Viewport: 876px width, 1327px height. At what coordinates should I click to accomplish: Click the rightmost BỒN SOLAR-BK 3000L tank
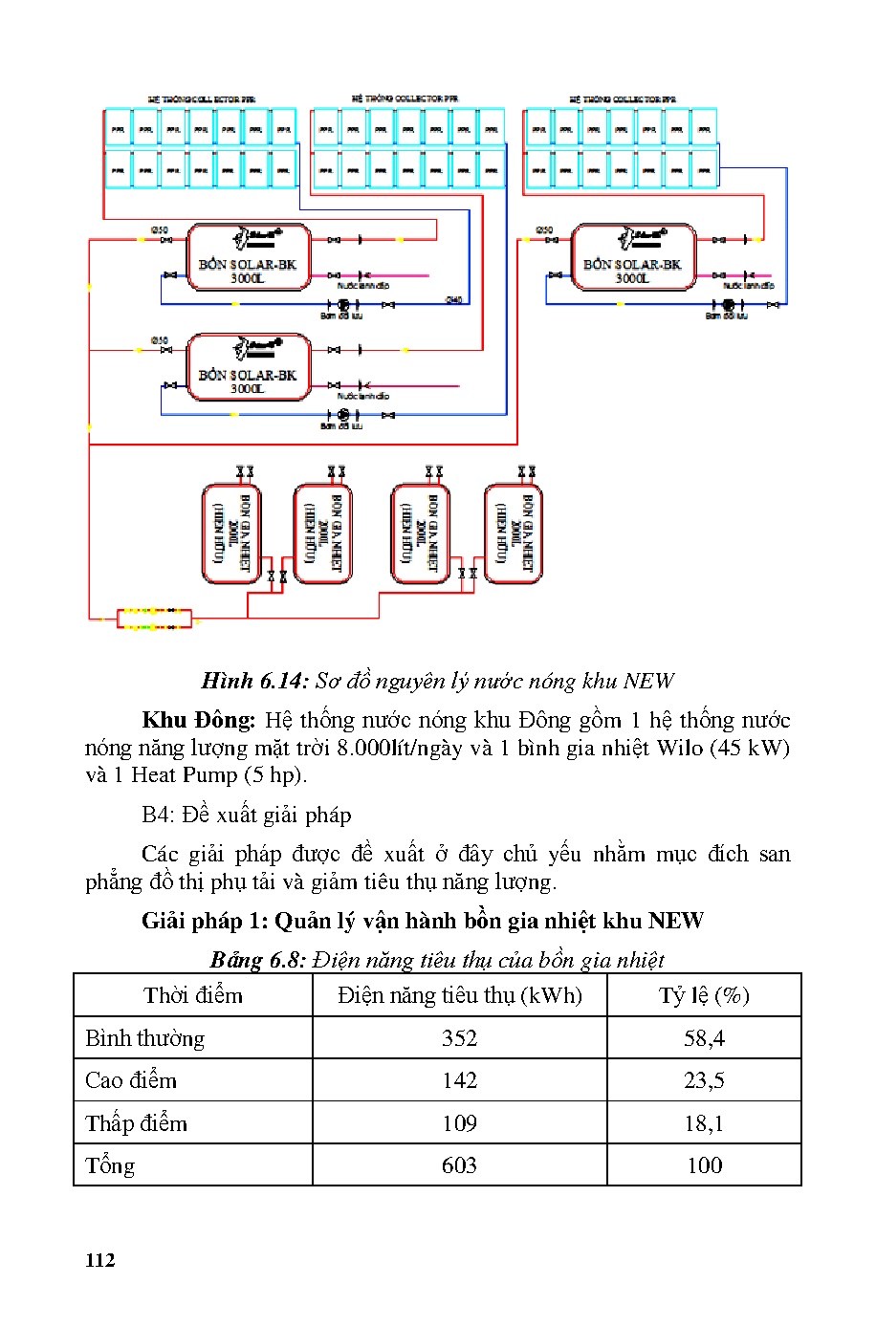tap(632, 257)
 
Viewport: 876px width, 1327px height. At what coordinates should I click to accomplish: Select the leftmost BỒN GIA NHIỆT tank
tap(231, 533)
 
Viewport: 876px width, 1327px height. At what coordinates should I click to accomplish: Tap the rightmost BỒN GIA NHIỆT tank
tap(514, 533)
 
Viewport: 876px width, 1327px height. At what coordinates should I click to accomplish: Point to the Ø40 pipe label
tap(454, 300)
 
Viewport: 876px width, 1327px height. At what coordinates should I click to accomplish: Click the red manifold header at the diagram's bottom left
tap(154, 619)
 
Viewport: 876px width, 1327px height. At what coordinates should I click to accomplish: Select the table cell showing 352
tap(459, 1038)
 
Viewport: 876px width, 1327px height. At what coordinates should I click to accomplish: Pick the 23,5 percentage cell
tap(704, 1080)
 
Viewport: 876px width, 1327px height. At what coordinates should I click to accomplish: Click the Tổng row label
tap(110, 1165)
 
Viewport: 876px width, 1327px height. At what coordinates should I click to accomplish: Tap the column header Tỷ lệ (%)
tap(704, 995)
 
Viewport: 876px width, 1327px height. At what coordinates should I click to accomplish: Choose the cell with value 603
tap(459, 1165)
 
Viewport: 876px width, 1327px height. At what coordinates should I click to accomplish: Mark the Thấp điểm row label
tap(136, 1123)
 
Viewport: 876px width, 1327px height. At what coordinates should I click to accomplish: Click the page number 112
tap(99, 1260)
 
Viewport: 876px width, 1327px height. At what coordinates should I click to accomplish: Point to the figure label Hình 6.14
tap(254, 681)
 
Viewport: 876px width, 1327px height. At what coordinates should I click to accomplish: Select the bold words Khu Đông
tap(198, 720)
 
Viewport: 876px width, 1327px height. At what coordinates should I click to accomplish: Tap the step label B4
tap(157, 815)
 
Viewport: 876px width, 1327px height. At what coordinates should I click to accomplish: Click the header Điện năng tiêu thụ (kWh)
tap(459, 995)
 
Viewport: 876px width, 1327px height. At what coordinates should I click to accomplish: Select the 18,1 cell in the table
tap(704, 1123)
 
